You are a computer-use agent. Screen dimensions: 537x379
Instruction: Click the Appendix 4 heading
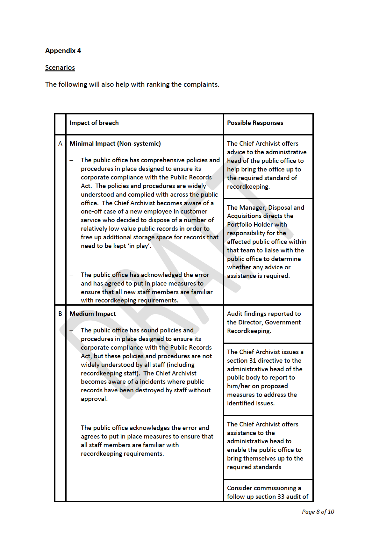[x=63, y=51]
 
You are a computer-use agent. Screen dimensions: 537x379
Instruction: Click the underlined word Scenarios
[x=60, y=68]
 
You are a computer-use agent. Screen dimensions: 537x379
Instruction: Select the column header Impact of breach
[x=94, y=123]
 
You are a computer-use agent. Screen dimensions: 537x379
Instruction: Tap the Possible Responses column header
[x=255, y=123]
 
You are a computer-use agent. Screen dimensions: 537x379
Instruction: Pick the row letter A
[x=60, y=144]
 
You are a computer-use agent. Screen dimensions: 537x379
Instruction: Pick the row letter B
[x=60, y=314]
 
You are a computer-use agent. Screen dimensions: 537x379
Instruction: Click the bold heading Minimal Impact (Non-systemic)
[x=115, y=144]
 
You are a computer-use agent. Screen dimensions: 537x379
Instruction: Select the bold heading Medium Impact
[x=93, y=314]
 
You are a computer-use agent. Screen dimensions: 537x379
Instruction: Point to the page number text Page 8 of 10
[x=318, y=512]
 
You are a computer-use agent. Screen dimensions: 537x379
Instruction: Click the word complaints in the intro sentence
[x=203, y=84]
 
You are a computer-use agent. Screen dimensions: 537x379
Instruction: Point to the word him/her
[x=239, y=386]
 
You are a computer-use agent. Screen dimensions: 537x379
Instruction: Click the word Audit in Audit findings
[x=235, y=314]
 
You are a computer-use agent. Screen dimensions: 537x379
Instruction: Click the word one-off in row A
[x=91, y=212]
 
